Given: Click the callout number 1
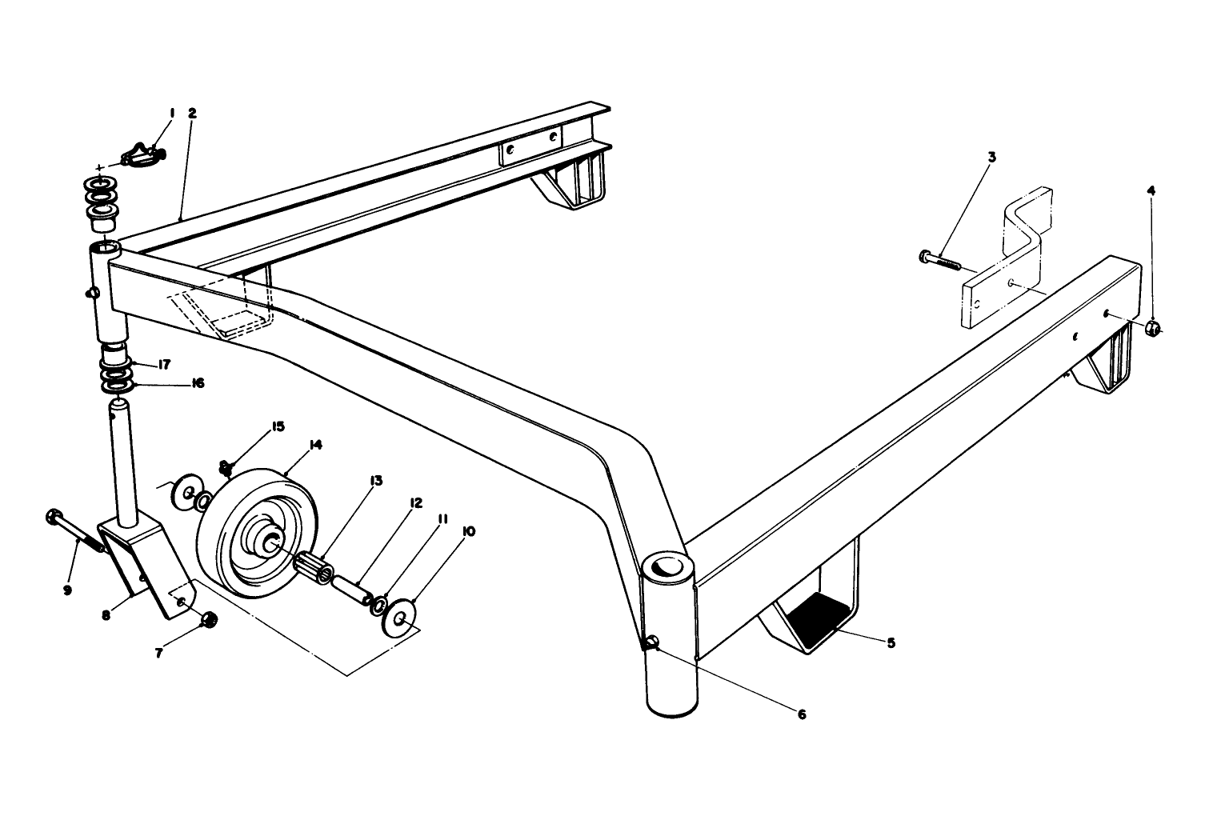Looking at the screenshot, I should pos(171,114).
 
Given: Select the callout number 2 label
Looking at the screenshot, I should pos(192,114).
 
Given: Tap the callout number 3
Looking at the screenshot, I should pos(991,157).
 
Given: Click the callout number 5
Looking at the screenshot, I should pos(891,642).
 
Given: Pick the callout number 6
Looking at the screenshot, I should pos(801,714).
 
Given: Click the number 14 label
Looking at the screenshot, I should pos(315,446).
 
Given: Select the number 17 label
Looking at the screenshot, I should pos(164,365).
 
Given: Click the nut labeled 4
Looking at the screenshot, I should pos(1153,327).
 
